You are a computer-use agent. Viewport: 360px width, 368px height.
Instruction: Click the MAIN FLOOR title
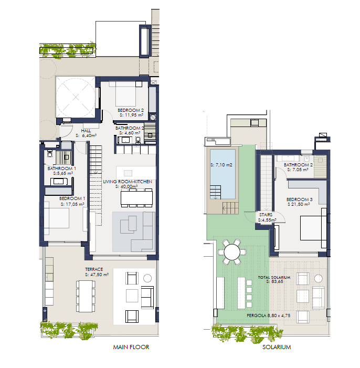point(131,347)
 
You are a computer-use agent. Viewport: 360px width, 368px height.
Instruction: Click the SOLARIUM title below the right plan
point(277,347)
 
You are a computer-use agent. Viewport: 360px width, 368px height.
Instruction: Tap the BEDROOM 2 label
point(131,110)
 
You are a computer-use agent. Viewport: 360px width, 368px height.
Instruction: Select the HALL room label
point(86,131)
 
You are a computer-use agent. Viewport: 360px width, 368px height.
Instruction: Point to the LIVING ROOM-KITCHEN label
point(128,182)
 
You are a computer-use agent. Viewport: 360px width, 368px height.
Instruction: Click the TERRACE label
point(94,269)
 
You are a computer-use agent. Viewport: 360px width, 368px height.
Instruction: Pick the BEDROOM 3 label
point(300,199)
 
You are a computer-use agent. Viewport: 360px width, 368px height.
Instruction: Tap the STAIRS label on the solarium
point(266,215)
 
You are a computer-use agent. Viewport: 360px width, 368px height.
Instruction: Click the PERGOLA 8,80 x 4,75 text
point(269,316)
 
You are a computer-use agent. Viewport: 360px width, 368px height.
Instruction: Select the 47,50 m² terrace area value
point(99,275)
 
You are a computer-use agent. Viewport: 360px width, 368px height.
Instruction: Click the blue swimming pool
point(223,174)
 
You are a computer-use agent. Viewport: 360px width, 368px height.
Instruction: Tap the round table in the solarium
point(232,252)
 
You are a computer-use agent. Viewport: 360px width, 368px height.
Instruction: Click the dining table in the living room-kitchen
point(136,198)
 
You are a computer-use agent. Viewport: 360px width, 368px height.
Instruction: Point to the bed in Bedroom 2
point(125,94)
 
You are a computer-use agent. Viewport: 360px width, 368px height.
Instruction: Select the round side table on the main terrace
point(147,278)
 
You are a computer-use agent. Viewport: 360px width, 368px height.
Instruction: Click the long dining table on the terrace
point(86,296)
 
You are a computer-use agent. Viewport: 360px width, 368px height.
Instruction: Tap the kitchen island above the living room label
point(136,173)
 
